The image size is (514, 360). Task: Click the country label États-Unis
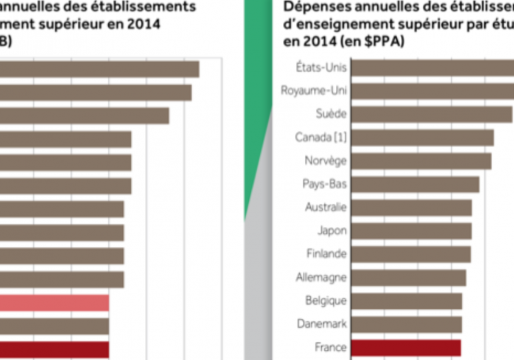321,67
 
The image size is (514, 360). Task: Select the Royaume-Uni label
313,91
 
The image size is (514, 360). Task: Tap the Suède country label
331,114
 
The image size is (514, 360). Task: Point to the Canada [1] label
321,137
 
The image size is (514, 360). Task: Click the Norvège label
325,161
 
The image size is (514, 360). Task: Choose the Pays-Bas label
324,184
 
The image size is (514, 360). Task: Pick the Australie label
325,207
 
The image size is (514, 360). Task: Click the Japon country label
332,230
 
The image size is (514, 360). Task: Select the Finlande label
326,254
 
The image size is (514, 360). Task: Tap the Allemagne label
321,277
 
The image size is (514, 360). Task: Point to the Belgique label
325,300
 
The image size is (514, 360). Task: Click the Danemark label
321,324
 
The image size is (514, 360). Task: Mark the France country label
330,347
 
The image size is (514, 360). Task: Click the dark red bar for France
406,347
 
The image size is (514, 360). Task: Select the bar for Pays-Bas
415,184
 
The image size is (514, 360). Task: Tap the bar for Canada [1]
422,137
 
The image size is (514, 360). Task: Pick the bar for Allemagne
408,277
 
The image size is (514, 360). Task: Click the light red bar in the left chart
54,303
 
